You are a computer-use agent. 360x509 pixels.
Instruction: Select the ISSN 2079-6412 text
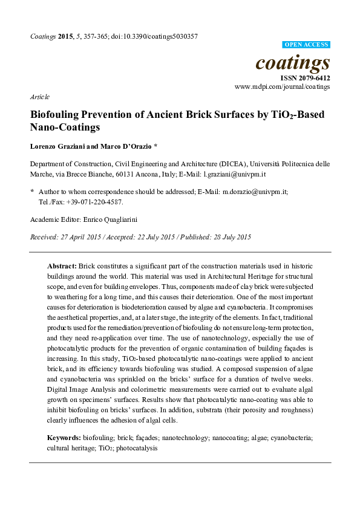[305, 78]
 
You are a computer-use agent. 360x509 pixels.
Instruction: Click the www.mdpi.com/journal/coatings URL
[283, 87]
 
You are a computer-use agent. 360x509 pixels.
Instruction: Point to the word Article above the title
[39, 97]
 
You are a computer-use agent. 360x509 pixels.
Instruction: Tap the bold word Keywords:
[64, 437]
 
